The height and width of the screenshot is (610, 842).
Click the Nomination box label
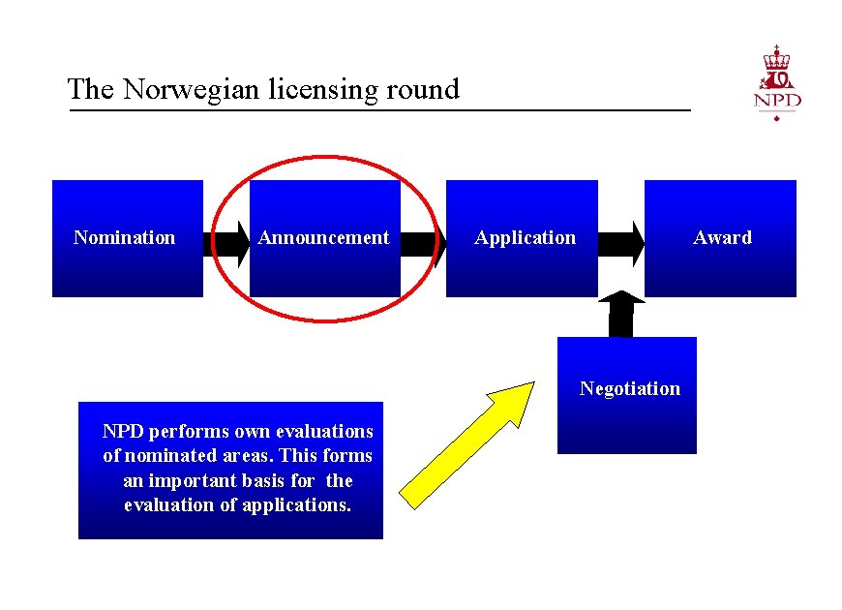click(125, 237)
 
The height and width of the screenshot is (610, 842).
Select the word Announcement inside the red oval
click(323, 237)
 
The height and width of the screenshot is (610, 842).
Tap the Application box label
click(525, 237)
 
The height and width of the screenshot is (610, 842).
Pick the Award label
click(722, 237)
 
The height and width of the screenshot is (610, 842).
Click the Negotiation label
click(629, 388)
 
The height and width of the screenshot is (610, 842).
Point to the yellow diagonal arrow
click(467, 443)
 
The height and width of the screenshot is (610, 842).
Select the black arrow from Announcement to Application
click(422, 243)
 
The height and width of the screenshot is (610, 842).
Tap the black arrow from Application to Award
click(621, 243)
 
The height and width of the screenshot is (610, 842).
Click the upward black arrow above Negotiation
click(621, 313)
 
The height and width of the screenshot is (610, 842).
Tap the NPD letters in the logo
click(777, 101)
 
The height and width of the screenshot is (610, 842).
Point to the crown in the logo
click(777, 57)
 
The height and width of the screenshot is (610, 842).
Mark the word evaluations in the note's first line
click(324, 431)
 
